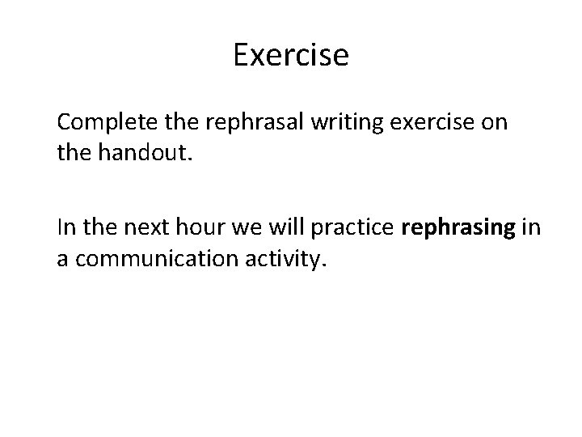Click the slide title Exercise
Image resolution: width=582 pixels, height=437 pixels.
tap(291, 55)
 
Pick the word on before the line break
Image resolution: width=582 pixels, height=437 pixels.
tap(497, 124)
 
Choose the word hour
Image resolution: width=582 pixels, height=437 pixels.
tap(193, 229)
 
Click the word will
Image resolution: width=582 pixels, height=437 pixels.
tap(283, 229)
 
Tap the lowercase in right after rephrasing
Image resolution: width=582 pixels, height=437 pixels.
tap(531, 229)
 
